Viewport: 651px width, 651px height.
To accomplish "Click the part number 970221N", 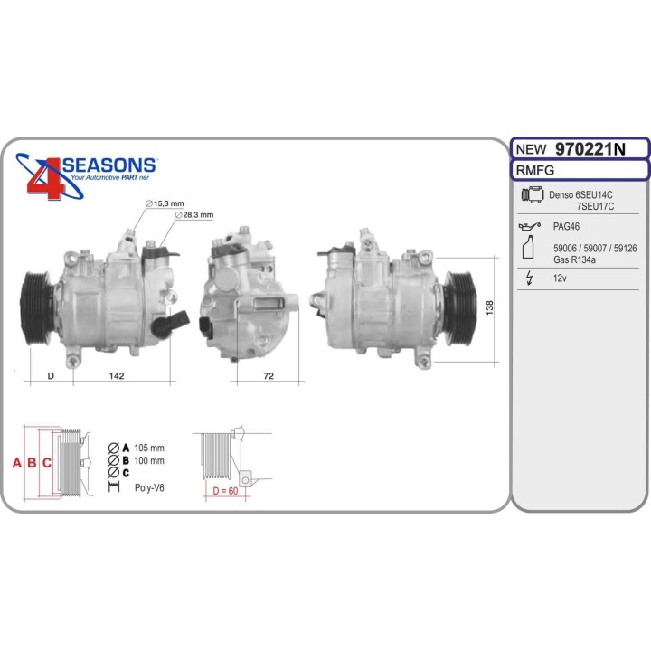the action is click(590, 149).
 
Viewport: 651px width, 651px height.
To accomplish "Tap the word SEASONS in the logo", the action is click(108, 165).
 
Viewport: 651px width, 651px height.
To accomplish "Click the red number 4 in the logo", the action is click(46, 179).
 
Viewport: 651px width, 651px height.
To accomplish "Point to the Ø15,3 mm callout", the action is click(165, 203).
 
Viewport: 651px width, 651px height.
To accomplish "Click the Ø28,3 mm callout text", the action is click(194, 215).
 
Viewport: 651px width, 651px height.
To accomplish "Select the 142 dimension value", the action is click(117, 376).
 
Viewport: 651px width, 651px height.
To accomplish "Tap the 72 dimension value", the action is click(269, 376).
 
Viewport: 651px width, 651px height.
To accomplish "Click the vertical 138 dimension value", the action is click(489, 307).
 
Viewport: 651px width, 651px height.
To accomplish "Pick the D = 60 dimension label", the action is click(225, 491).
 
